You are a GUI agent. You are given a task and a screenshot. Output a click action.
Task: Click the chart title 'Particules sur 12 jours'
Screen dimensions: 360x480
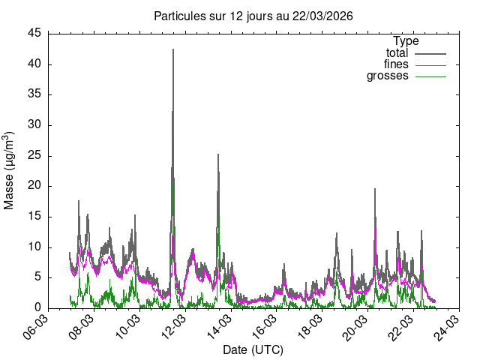[253, 16]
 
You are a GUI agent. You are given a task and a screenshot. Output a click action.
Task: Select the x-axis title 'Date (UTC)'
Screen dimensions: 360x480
[253, 350]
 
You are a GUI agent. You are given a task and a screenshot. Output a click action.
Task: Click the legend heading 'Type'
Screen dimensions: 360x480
[406, 41]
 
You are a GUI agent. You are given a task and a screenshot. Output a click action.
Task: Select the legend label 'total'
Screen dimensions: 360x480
[397, 53]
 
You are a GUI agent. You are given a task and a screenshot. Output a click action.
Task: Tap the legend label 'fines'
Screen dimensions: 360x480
[396, 64]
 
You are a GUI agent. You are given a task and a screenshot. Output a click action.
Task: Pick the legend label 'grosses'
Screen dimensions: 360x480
[387, 76]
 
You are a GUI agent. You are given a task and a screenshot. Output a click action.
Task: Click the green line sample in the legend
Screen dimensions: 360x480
[430, 76]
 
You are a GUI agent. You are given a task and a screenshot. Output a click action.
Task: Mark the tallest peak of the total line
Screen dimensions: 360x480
[173, 49]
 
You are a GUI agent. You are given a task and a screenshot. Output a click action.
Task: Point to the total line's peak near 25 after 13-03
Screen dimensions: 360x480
[218, 154]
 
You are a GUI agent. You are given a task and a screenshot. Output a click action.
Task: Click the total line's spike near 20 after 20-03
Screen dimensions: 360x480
[375, 189]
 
